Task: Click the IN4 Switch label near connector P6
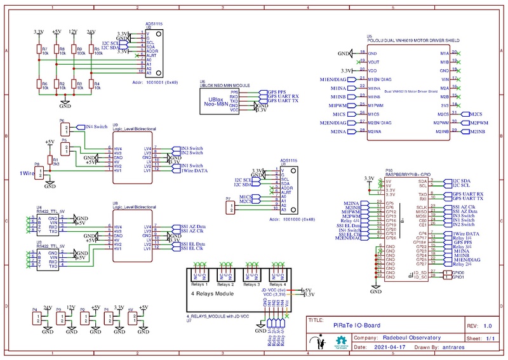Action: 97,127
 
